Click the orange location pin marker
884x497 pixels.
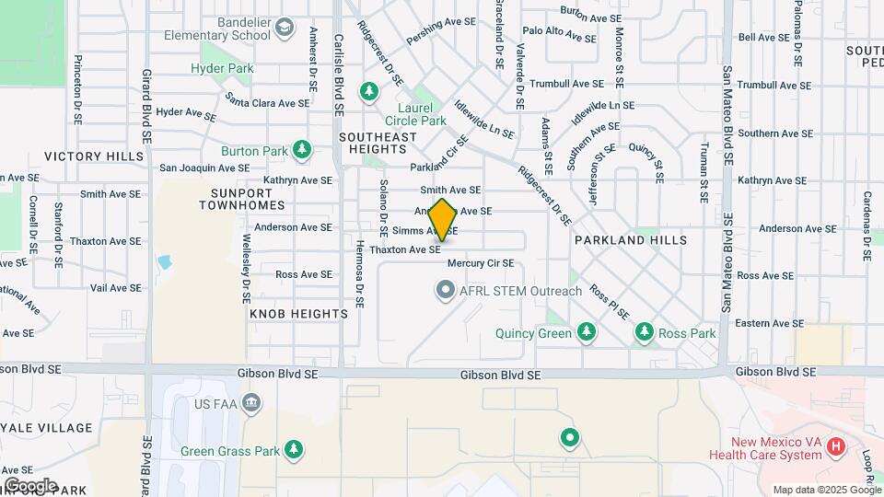[x=443, y=220]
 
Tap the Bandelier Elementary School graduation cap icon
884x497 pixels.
[x=285, y=28]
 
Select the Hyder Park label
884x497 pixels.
[x=221, y=68]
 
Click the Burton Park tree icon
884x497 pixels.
[x=302, y=150]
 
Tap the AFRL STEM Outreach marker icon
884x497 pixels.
[x=446, y=292]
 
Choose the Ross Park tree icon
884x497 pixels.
[x=645, y=332]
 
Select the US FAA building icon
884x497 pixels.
[x=252, y=403]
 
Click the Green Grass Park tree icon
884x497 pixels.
[x=294, y=450]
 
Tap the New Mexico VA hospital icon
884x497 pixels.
[x=836, y=447]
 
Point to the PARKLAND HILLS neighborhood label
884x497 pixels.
[x=631, y=240]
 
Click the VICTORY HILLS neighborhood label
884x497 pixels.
[x=94, y=156]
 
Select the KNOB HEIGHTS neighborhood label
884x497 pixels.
[x=298, y=314]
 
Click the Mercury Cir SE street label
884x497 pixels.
[x=479, y=263]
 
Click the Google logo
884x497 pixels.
[x=29, y=485]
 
